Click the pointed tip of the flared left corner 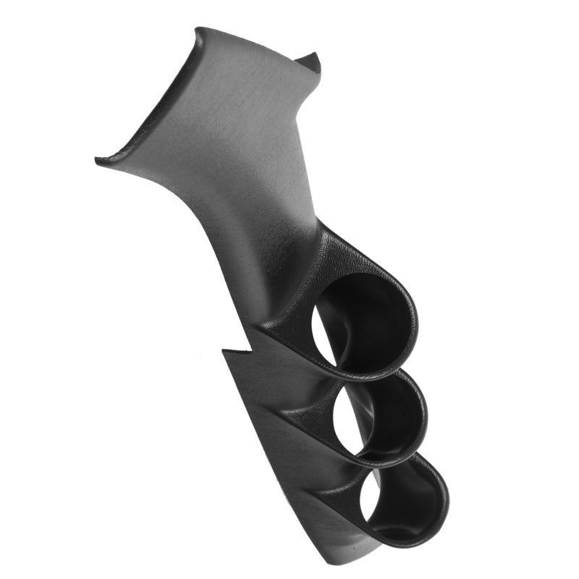[98, 159]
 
